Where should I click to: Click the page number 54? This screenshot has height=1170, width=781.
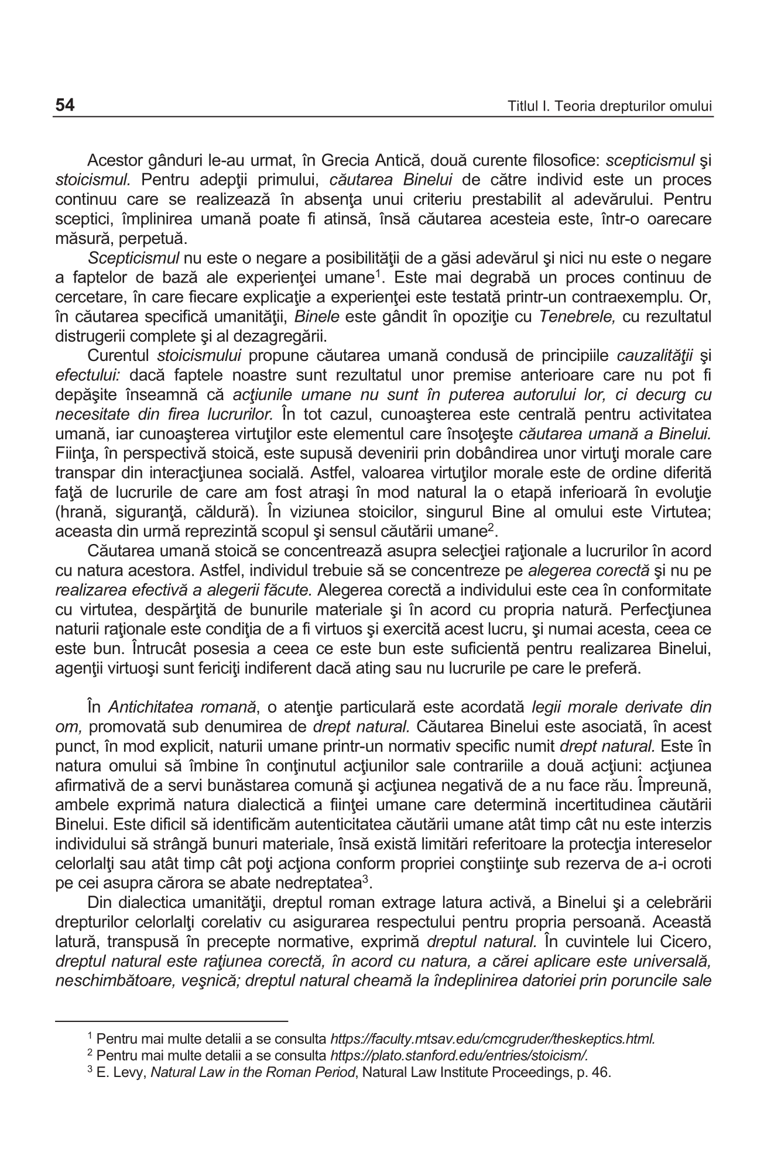pos(65,105)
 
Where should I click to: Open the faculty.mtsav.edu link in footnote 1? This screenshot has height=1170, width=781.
pos(492,1039)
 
